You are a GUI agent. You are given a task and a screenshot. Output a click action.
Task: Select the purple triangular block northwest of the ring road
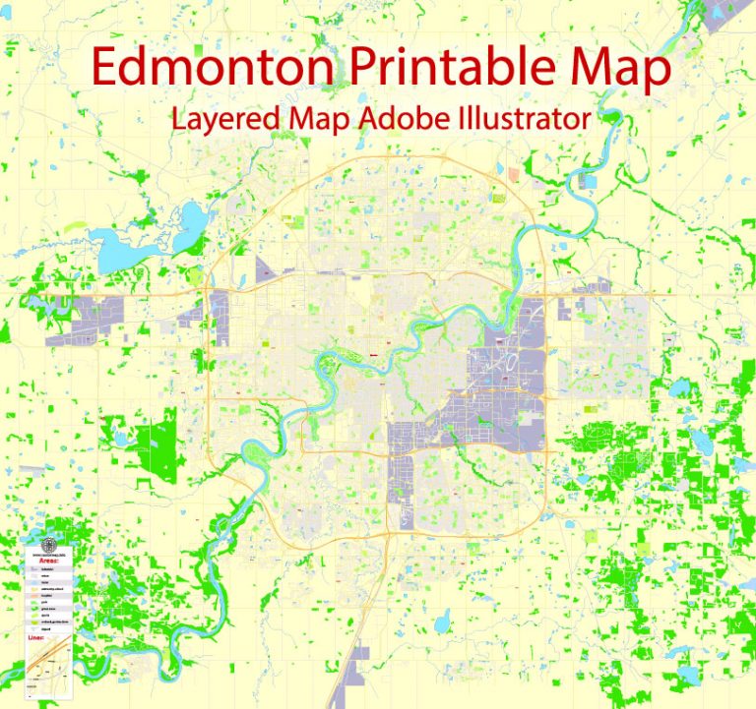click(x=267, y=266)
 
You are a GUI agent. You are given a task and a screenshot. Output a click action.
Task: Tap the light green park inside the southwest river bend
click(x=258, y=454)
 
